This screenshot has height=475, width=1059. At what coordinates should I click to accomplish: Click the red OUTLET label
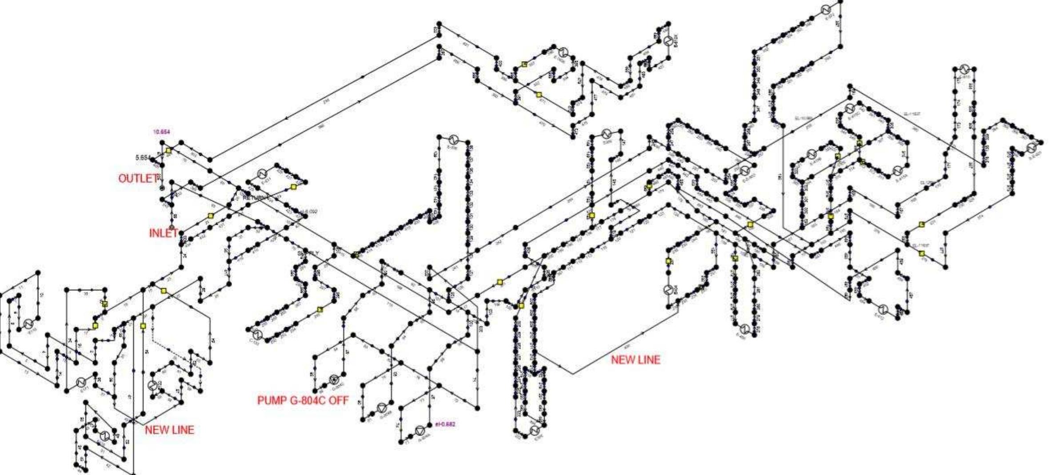[x=138, y=178]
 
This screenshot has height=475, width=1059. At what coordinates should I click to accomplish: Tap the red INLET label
[x=163, y=233]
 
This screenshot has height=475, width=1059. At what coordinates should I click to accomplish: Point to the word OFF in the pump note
[x=339, y=400]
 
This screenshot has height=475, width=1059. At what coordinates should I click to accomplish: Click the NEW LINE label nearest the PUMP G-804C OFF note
[x=169, y=430]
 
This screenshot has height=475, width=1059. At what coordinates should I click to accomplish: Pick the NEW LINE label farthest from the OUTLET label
[x=635, y=360]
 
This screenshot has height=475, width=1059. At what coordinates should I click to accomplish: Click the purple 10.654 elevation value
[x=161, y=132]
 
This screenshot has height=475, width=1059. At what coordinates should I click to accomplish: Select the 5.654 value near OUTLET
[x=143, y=158]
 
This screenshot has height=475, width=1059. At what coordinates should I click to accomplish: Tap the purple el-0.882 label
[x=445, y=424]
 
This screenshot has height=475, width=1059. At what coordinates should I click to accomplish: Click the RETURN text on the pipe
[x=254, y=198]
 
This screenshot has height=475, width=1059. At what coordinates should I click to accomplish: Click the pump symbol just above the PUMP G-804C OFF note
[x=334, y=379]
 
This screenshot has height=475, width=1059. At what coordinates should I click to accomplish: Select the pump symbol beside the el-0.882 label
[x=420, y=430]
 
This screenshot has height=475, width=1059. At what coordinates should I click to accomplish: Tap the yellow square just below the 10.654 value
[x=168, y=151]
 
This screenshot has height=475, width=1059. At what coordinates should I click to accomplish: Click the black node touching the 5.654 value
[x=154, y=158]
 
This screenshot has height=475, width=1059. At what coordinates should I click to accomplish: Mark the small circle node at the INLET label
[x=172, y=228]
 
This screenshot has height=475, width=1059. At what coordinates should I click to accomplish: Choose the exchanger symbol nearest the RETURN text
[x=261, y=174]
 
